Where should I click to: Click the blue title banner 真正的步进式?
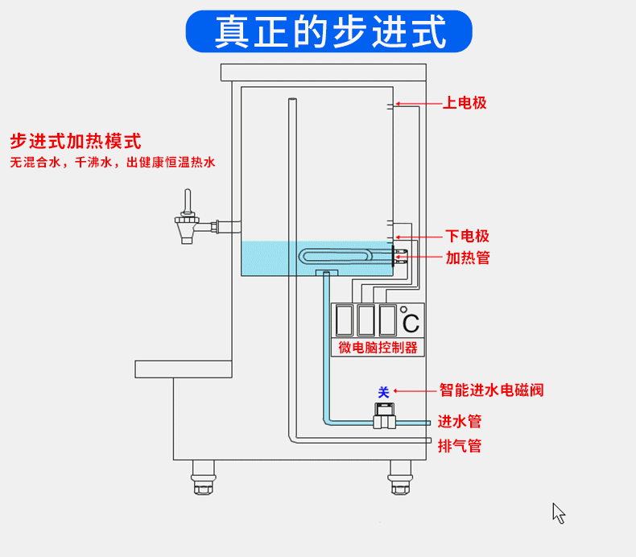point(329,31)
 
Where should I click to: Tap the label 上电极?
point(465,103)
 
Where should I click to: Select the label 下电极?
point(468,236)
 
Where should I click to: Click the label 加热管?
point(468,258)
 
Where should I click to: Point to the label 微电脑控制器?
point(378,348)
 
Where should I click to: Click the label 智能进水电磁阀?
point(491,390)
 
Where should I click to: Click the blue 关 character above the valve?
point(383,392)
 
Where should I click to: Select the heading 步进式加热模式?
point(76,142)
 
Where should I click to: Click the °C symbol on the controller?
point(411,322)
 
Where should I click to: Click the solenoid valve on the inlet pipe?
point(383,418)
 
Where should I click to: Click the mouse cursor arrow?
point(559,513)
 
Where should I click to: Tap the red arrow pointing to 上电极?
point(415,104)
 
